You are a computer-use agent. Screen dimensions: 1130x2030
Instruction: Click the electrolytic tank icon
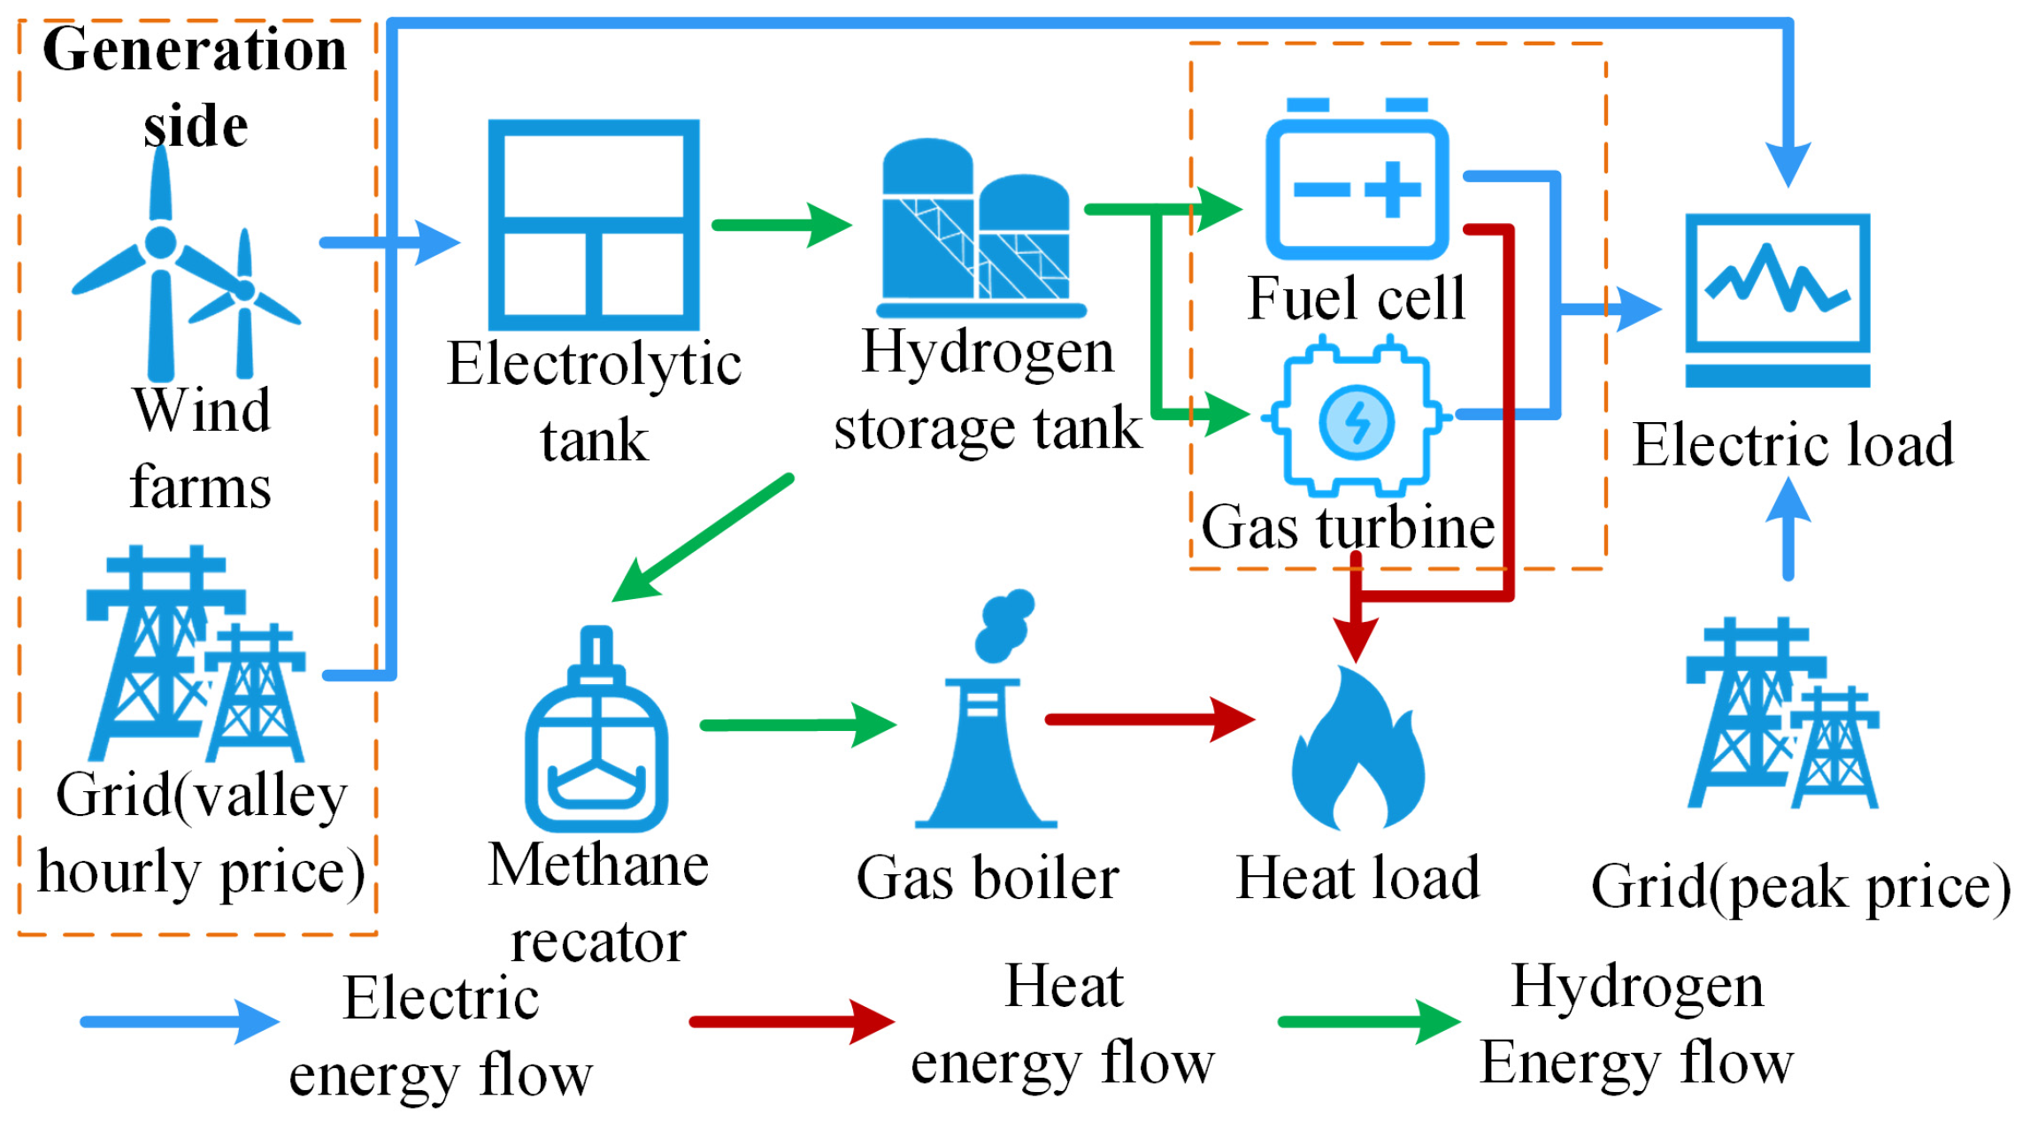594,225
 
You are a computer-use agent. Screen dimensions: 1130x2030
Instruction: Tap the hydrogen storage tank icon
980,230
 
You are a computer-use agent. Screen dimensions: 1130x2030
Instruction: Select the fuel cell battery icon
1357,181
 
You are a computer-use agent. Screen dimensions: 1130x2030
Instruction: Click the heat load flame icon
1357,749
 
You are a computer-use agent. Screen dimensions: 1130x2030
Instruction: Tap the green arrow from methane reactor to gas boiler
796,725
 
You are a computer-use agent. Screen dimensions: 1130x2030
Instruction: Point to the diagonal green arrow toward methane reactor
704,538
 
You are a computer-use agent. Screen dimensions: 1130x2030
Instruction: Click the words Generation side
195,86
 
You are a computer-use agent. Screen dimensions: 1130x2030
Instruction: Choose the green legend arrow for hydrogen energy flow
1367,1022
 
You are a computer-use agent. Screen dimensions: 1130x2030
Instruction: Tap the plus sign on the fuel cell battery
1392,188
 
